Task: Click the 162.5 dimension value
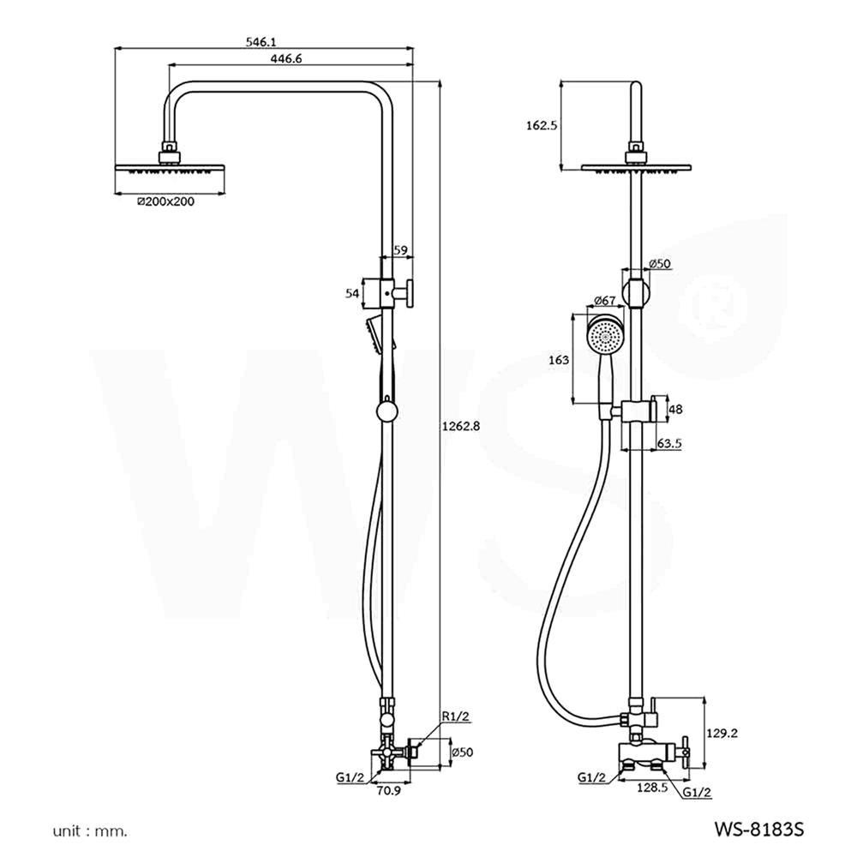(x=541, y=125)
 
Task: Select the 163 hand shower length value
(x=558, y=361)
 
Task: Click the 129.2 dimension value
(x=723, y=733)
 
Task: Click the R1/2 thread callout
(x=454, y=716)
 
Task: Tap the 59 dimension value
(x=399, y=249)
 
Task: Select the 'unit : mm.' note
(x=89, y=830)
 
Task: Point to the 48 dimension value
(x=675, y=410)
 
